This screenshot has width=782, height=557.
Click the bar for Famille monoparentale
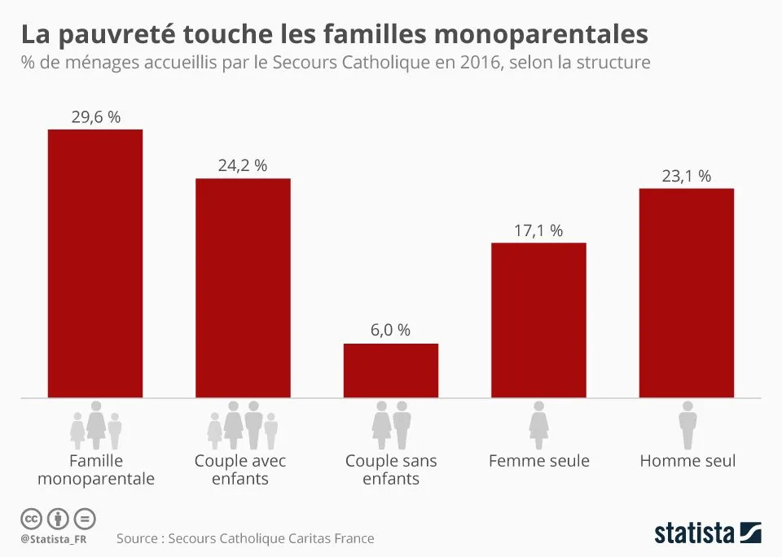click(95, 264)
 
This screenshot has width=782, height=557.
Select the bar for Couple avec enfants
click(243, 288)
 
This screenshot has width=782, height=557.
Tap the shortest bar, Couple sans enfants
click(391, 371)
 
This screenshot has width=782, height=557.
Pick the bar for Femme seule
click(538, 320)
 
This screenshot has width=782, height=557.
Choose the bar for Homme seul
click(687, 293)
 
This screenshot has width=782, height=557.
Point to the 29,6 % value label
click(95, 117)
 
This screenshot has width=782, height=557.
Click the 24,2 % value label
click(243, 165)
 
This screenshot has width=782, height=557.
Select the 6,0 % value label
click(391, 331)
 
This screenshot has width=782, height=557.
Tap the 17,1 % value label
click(538, 230)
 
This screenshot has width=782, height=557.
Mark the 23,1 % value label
click(687, 176)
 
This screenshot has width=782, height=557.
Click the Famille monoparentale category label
click(95, 470)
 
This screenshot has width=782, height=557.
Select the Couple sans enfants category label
click(391, 470)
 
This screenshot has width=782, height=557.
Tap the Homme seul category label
click(688, 461)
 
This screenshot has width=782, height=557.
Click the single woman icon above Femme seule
click(538, 423)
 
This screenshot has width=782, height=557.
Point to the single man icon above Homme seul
click(688, 423)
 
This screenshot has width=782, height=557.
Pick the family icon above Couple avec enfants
click(243, 424)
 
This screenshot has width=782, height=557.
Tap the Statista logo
click(707, 533)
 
